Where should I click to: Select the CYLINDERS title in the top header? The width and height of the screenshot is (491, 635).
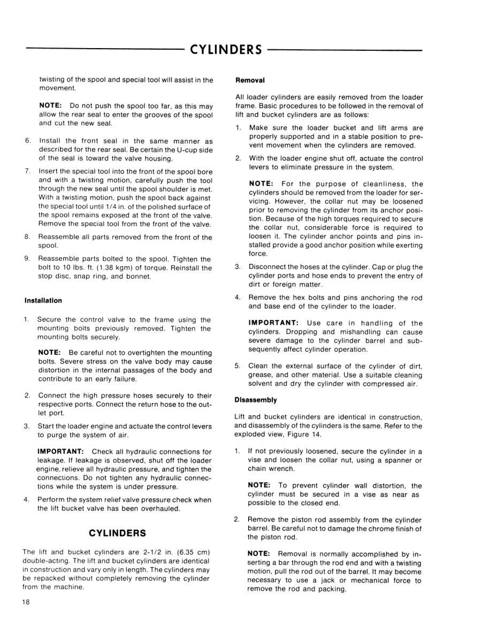click(x=226, y=50)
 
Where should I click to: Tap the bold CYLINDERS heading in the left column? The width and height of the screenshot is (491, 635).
click(x=118, y=533)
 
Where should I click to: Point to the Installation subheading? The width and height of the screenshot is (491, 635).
click(x=42, y=300)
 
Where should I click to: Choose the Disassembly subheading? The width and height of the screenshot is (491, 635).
click(x=256, y=399)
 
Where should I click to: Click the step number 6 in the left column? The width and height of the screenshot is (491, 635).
click(x=27, y=141)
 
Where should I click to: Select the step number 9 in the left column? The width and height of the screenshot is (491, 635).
click(x=27, y=259)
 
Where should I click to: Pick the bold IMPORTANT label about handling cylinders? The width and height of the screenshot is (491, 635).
click(x=273, y=323)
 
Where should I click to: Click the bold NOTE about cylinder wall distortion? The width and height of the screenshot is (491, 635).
click(x=260, y=485)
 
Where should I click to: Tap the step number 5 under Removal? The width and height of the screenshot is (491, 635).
click(x=237, y=366)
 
